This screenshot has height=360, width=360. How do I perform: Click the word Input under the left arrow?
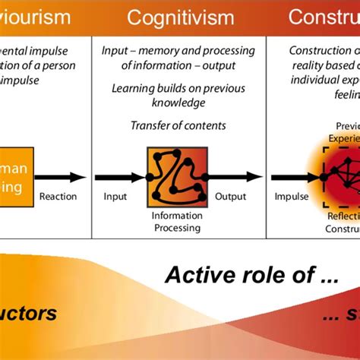pyautogui.click(x=115, y=197)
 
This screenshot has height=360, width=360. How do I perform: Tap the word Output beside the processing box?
pyautogui.click(x=230, y=197)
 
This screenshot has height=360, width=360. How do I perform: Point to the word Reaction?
pyautogui.click(x=58, y=197)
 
